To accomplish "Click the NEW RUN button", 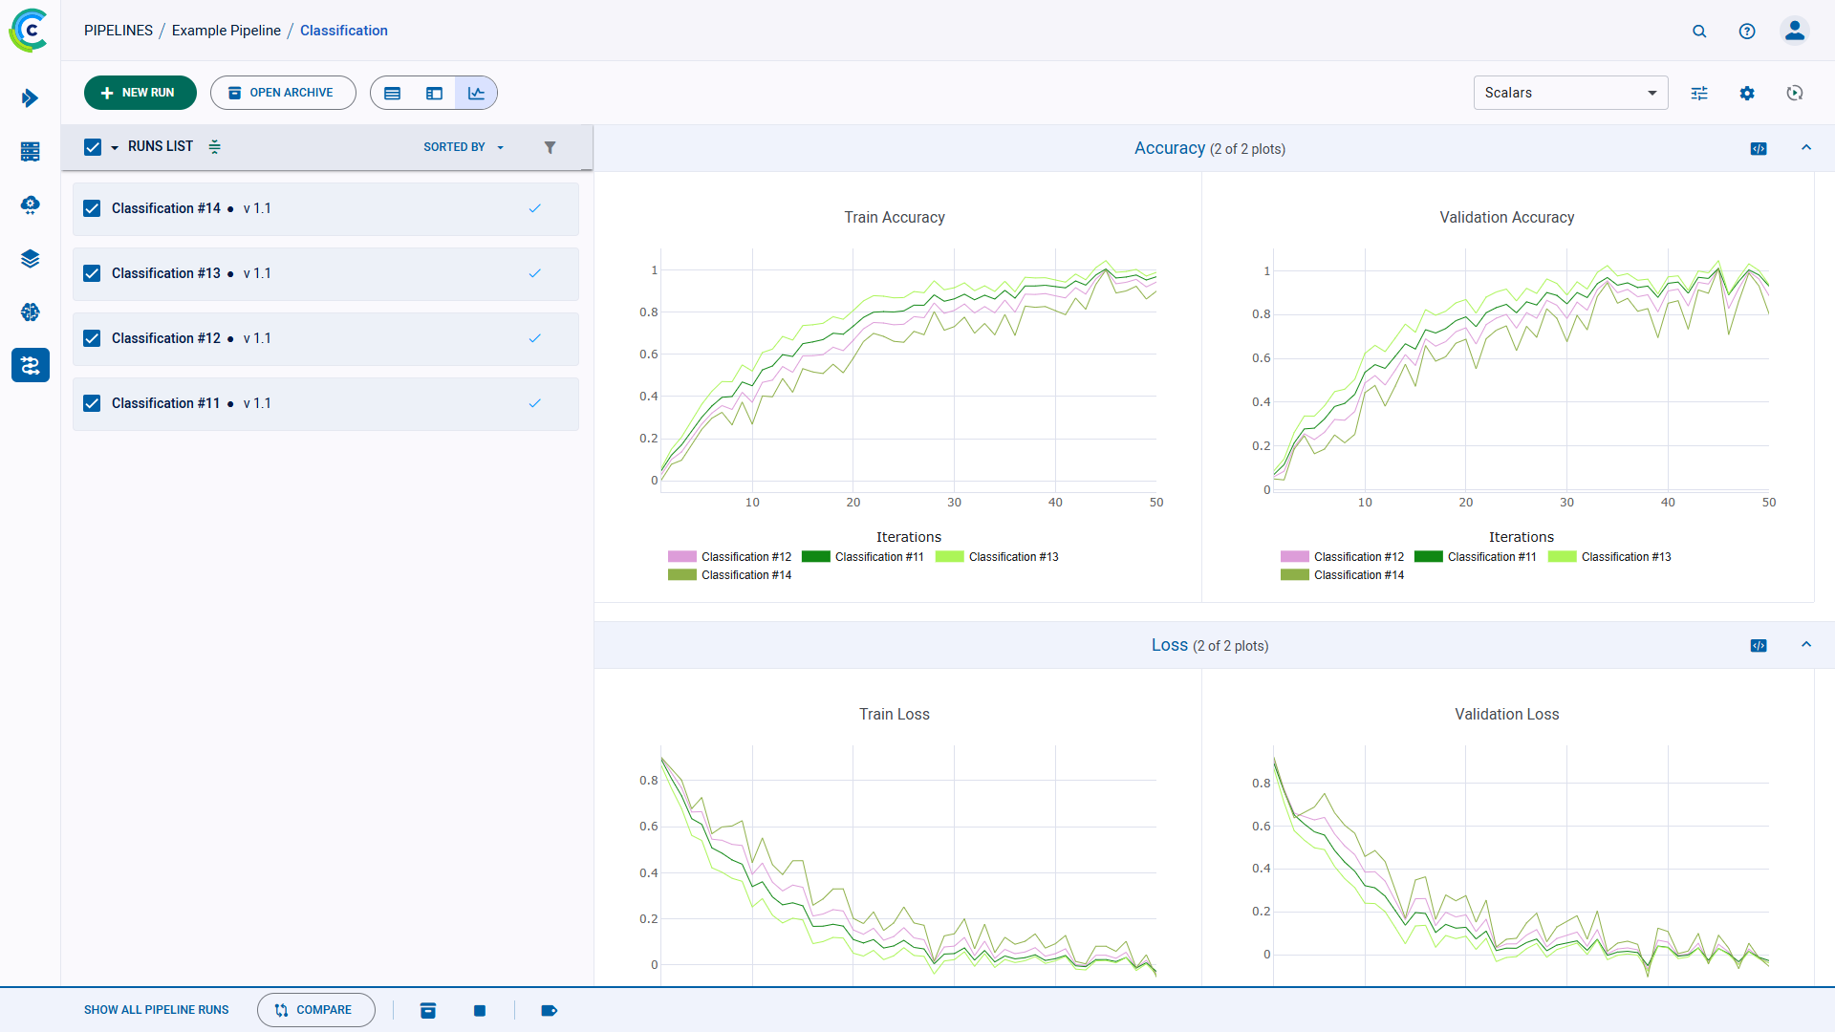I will point(140,93).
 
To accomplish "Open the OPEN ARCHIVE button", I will point(283,93).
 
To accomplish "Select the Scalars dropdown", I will point(1569,93).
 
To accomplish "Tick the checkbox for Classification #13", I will point(92,273).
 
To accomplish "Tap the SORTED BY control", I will point(463,147).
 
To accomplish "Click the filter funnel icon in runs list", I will point(550,147).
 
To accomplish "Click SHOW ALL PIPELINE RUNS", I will point(156,1010).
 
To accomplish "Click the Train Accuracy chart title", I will point(894,218).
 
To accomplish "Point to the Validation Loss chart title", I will point(1506,715).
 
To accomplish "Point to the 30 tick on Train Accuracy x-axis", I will point(954,503).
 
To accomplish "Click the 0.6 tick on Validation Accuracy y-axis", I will point(1261,358).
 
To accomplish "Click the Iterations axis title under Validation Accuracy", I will point(1521,537).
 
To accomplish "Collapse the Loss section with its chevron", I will point(1806,645).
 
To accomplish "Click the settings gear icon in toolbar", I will point(1747,93).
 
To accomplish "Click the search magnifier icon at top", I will point(1699,31).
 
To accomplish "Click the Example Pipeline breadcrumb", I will point(226,31).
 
